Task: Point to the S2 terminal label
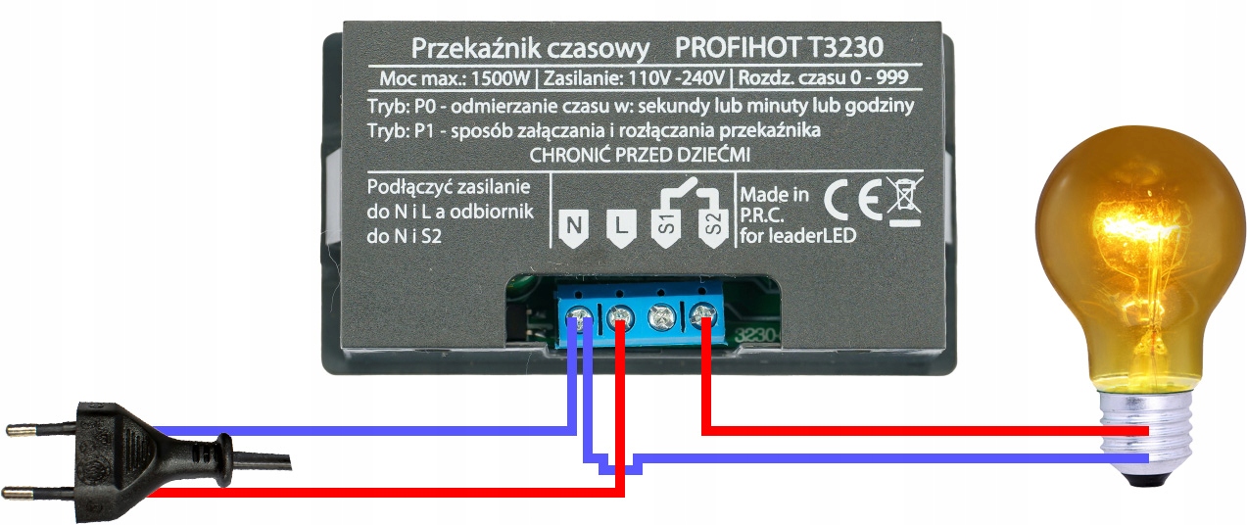click(712, 227)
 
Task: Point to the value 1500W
click(504, 78)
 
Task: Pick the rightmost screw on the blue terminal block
click(703, 315)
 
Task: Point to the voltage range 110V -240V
click(675, 78)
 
